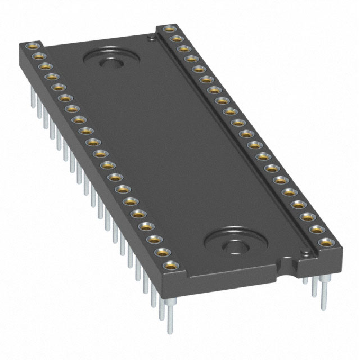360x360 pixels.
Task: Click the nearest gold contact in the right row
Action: pyautogui.click(x=326, y=243)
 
